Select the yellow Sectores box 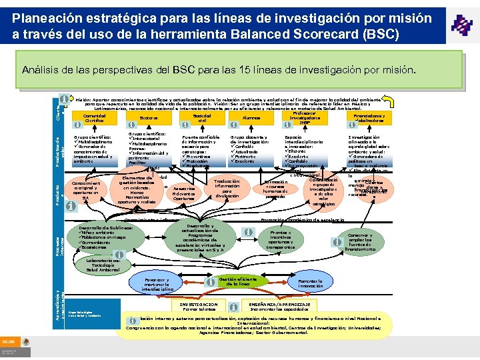148,118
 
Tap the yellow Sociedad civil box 202,118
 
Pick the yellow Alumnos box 251,118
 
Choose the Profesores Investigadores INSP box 305,117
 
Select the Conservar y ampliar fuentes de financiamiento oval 361,241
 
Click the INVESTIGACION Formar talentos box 199,307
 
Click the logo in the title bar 461,26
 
